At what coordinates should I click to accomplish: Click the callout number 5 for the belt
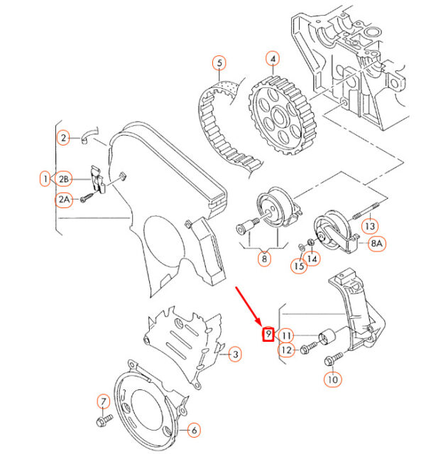pos(219,63)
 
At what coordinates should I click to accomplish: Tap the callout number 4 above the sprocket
pos(273,58)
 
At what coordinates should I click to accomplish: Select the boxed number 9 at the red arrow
pos(268,334)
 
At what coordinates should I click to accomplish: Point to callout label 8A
pos(376,244)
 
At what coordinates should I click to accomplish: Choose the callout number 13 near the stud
pos(370,226)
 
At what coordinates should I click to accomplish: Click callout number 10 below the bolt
pos(332,379)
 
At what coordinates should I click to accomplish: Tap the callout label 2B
pos(63,179)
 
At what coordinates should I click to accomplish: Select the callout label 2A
pos(64,200)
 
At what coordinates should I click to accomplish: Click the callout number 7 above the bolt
pos(104,401)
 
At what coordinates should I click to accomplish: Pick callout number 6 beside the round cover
pos(194,431)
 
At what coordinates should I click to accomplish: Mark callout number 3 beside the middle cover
pos(235,354)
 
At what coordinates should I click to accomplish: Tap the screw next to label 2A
pos(87,198)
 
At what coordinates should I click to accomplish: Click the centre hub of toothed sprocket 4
pos(278,117)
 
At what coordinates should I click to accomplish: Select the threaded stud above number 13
pos(366,211)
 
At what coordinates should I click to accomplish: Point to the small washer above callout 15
pos(302,247)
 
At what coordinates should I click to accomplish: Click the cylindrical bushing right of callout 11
pos(327,337)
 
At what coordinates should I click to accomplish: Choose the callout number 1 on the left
pos(45,178)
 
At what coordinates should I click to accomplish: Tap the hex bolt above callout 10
pos(334,359)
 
